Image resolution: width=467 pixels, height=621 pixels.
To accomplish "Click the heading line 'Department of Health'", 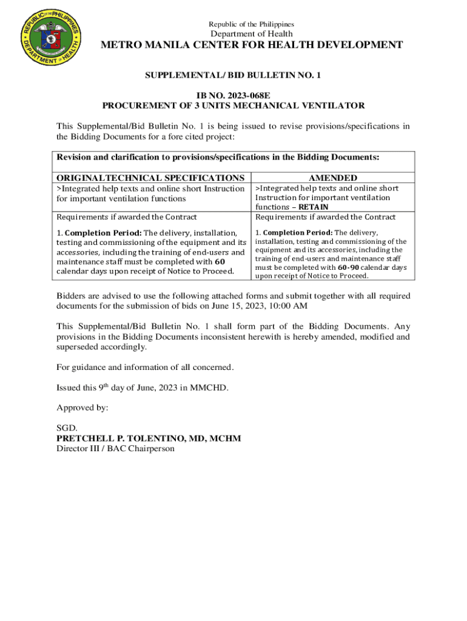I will coord(251,34).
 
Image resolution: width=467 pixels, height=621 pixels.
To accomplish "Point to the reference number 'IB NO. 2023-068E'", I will coord(233,96).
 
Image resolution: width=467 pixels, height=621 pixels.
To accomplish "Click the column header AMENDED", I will coord(333,178).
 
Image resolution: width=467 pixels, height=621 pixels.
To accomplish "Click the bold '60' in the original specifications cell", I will coord(221,262).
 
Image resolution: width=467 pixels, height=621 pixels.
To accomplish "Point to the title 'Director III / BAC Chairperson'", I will coord(115,449).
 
